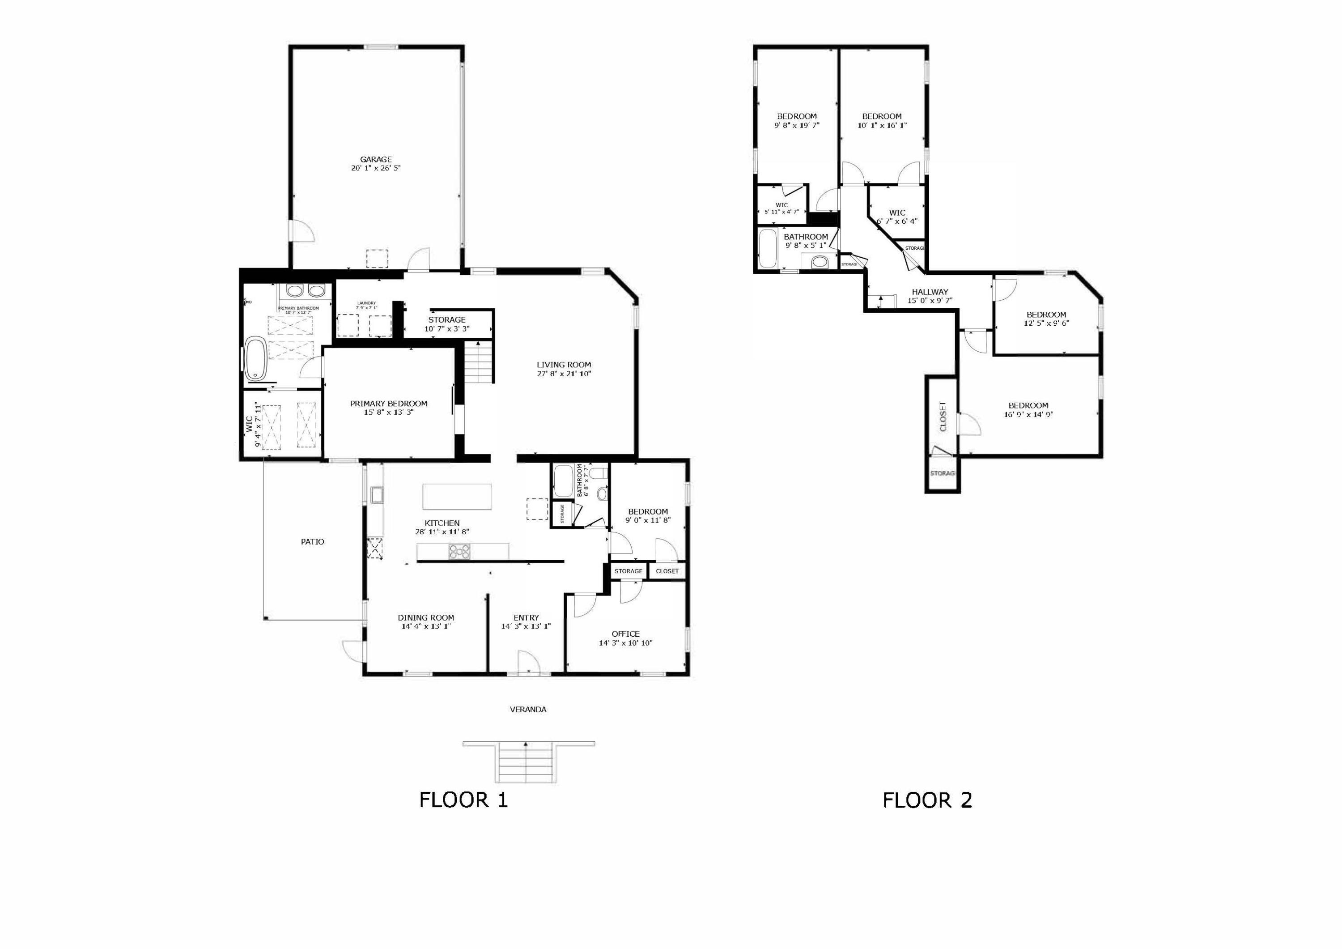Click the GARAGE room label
click(376, 159)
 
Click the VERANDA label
click(528, 709)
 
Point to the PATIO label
click(312, 541)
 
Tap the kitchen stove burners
click(459, 551)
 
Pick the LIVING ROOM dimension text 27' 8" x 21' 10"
click(564, 374)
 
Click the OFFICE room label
click(625, 634)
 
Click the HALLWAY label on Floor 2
click(930, 292)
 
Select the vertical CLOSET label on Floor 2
click(942, 416)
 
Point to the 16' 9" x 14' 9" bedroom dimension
click(1028, 415)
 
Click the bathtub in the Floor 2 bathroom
click(767, 248)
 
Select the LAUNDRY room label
click(366, 303)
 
